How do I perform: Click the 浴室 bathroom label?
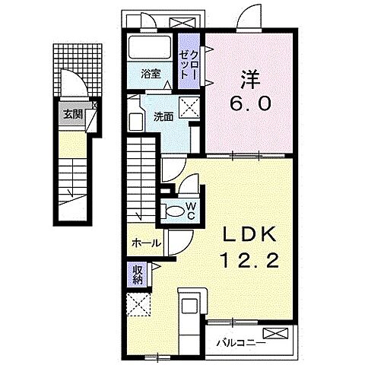coord(151,74)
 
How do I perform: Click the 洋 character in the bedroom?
coord(246,78)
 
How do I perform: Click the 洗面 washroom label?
coord(163,116)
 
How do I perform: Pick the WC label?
coord(190,210)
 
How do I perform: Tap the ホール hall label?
coord(146,243)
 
